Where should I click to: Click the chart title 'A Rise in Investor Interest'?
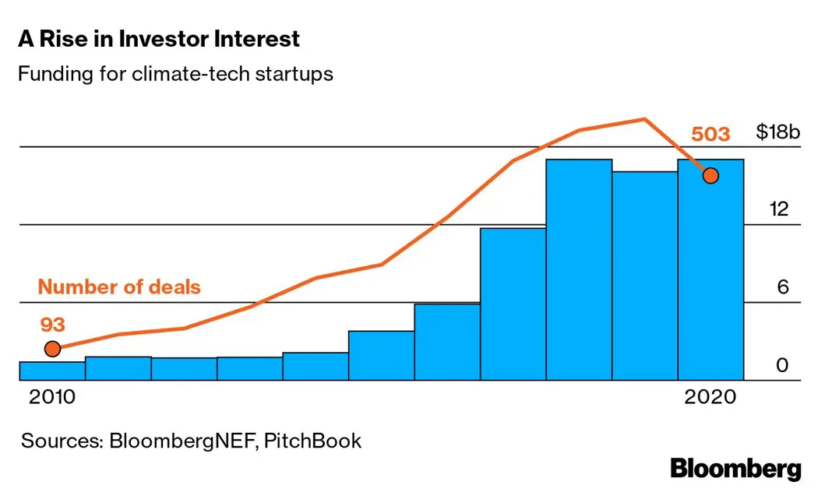click(158, 39)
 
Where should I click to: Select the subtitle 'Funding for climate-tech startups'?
click(175, 75)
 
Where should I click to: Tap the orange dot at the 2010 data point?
click(52, 349)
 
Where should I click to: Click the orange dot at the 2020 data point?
click(710, 175)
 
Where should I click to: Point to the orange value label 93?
click(52, 323)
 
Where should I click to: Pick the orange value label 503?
click(710, 135)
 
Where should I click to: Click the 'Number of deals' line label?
click(119, 287)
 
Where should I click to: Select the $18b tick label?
click(778, 132)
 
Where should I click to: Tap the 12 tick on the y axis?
click(778, 209)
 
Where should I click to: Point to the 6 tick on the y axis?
click(783, 287)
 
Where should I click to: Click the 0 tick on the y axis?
click(783, 365)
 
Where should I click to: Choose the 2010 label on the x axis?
click(52, 397)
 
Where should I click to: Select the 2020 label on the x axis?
click(710, 397)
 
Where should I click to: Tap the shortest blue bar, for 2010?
click(52, 371)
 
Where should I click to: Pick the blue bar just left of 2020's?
click(644, 276)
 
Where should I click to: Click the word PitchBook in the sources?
click(312, 441)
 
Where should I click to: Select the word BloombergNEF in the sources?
click(182, 441)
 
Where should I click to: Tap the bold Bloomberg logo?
click(735, 469)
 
